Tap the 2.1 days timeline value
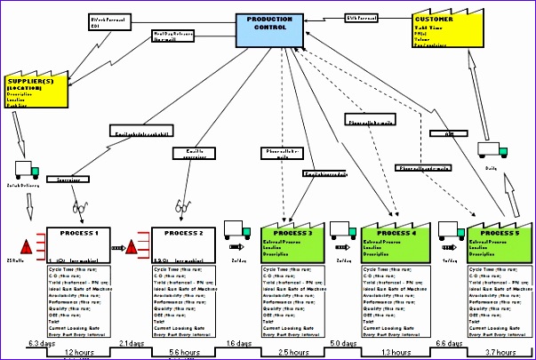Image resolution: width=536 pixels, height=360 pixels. [x=132, y=342]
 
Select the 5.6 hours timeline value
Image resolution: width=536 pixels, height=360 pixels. [x=183, y=352]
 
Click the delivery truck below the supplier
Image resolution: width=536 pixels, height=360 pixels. [x=27, y=169]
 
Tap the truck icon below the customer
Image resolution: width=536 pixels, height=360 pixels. [x=492, y=150]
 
